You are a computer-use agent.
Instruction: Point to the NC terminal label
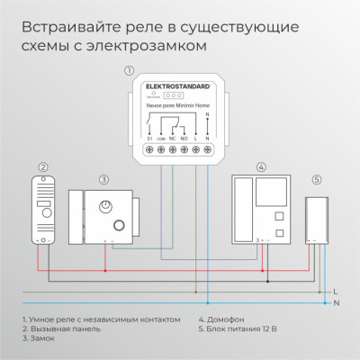pyautogui.click(x=172, y=139)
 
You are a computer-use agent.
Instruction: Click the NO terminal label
pyautogui.click(x=184, y=139)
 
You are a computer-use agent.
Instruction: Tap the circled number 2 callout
pyautogui.click(x=41, y=167)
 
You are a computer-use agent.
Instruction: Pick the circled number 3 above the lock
pyautogui.click(x=104, y=180)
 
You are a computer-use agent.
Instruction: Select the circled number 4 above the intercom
pyautogui.click(x=260, y=166)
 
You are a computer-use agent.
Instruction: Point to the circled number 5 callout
pyautogui.click(x=316, y=179)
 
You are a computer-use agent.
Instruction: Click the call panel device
pyautogui.click(x=42, y=211)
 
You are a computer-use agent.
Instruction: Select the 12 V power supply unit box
pyautogui.click(x=316, y=219)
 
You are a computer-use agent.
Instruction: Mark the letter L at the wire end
pyautogui.click(x=335, y=292)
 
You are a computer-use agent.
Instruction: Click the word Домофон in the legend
pyautogui.click(x=220, y=319)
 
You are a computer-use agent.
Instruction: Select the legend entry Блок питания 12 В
pyautogui.click(x=237, y=329)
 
